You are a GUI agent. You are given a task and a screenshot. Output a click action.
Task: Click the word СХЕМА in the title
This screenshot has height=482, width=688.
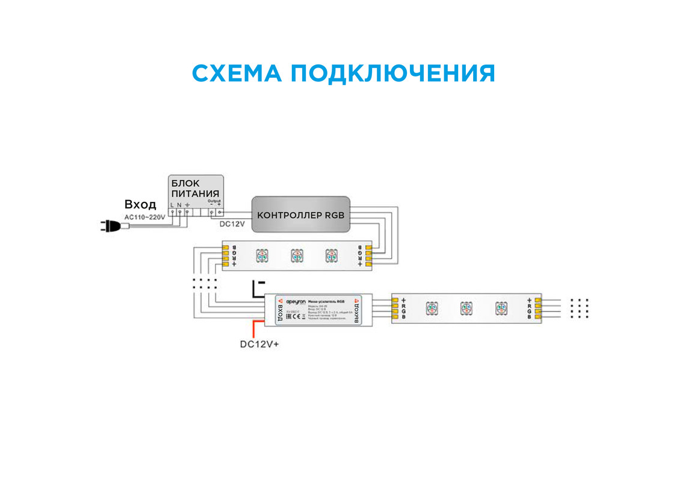235,74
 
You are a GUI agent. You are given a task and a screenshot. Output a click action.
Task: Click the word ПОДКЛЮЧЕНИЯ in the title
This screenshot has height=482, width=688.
392,74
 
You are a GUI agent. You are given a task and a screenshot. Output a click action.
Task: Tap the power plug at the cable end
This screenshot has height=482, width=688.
109,227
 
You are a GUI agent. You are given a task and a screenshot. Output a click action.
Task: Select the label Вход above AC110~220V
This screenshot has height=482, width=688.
140,204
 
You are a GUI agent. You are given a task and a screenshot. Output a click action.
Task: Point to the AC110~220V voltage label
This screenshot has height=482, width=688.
144,216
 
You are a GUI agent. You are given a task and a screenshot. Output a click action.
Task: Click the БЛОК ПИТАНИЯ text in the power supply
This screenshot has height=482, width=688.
195,188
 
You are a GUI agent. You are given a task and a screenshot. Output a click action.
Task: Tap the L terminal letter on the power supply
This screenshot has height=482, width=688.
172,205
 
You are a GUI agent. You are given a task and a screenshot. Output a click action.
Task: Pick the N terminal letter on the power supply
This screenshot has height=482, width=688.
179,205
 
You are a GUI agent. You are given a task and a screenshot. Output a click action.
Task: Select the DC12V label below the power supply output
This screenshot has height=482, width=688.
232,224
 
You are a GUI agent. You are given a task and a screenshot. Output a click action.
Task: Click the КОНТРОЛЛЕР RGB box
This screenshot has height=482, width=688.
300,214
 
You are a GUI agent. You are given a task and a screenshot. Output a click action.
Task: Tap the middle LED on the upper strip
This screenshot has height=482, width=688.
296,255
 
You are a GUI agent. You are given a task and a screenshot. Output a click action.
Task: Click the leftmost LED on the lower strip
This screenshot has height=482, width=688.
431,308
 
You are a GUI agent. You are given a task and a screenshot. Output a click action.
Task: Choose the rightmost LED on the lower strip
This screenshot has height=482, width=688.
501,308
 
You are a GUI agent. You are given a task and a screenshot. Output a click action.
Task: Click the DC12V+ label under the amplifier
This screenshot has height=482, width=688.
260,345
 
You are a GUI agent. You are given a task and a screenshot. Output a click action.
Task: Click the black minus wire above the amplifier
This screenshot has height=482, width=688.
255,289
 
